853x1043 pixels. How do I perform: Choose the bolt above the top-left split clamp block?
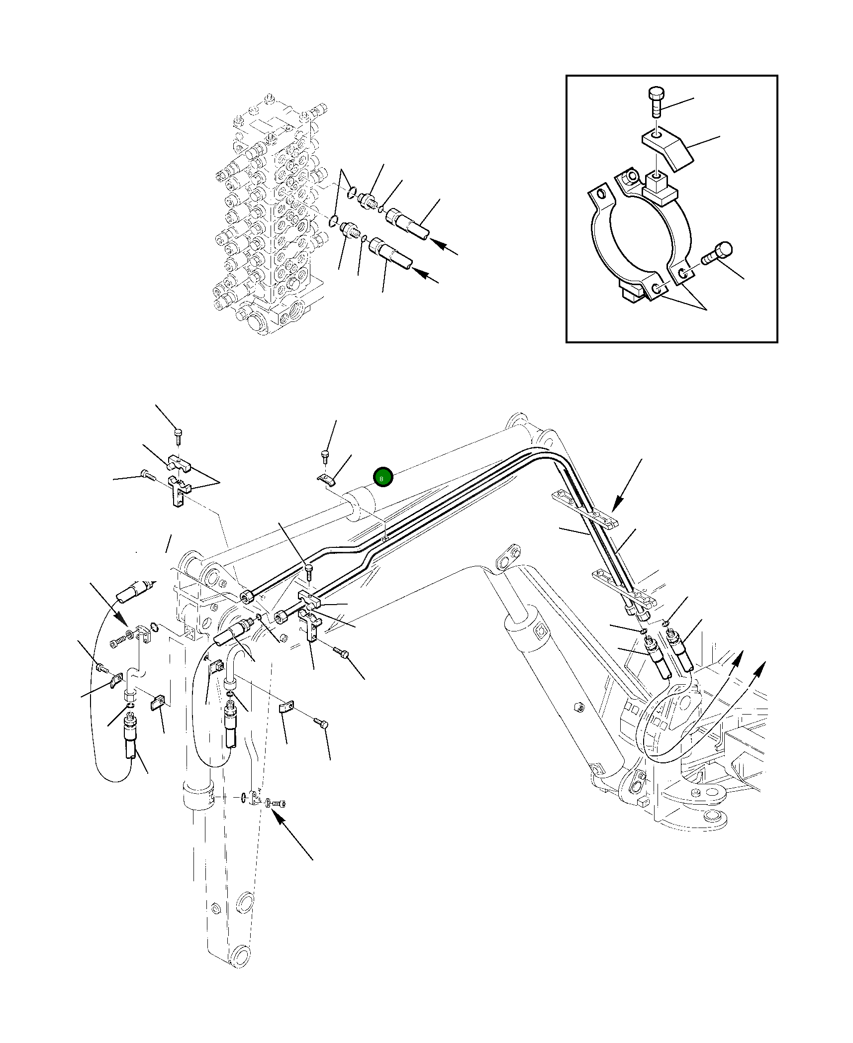[178, 435]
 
